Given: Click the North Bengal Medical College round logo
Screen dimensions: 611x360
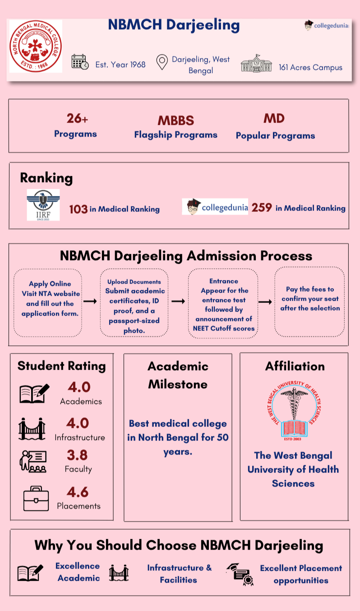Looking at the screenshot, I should coord(36,46).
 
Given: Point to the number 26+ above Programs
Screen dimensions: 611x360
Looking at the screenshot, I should coord(77,119).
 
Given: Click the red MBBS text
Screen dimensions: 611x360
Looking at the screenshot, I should coord(175,120).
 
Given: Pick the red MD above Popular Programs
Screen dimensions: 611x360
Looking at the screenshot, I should coord(274,119).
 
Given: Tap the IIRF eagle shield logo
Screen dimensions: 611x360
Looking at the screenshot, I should coord(43,205).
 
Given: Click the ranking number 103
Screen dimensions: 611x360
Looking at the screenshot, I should coord(78,209).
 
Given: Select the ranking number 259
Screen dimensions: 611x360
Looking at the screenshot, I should coord(262,207).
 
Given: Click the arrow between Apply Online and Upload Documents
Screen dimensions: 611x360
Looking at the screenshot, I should coord(90,301).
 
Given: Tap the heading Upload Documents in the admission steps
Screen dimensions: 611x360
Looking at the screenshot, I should coord(134,282).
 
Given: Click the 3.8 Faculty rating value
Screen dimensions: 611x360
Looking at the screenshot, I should coord(77,455).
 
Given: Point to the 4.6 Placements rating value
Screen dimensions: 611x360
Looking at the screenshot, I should coord(78,492).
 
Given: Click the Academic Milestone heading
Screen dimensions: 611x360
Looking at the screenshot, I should coord(178,375).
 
